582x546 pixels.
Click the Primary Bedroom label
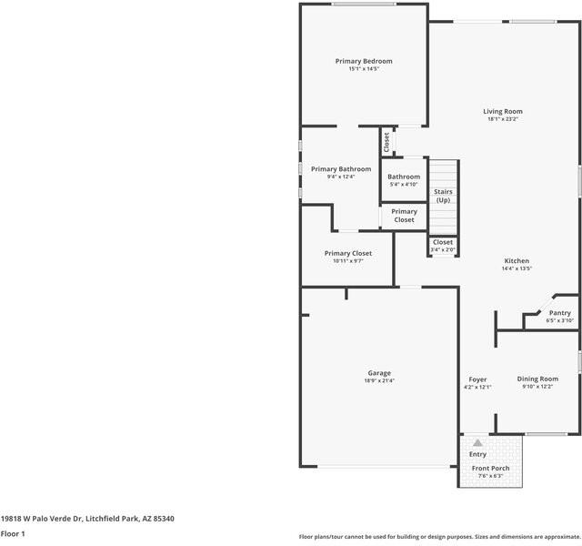point(364,61)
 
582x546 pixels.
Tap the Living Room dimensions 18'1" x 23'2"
point(503,119)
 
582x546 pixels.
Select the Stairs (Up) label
point(443,196)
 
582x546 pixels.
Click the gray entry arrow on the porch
point(477,443)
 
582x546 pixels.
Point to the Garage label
point(379,373)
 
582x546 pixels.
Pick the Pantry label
point(560,313)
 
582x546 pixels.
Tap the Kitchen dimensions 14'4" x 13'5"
point(517,268)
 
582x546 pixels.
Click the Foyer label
point(477,379)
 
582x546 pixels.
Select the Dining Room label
point(537,379)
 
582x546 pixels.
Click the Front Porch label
point(490,469)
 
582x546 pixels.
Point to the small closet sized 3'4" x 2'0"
point(443,246)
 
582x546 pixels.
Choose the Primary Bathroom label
point(341,169)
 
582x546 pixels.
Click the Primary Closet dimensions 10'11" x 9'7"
point(347,261)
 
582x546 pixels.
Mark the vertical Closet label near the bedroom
point(386,142)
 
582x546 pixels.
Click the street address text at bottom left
point(87,519)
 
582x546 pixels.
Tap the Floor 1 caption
point(13,534)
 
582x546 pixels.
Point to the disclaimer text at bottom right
point(440,537)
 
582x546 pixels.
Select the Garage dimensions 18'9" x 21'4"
point(379,380)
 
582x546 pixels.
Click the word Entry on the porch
point(477,454)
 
